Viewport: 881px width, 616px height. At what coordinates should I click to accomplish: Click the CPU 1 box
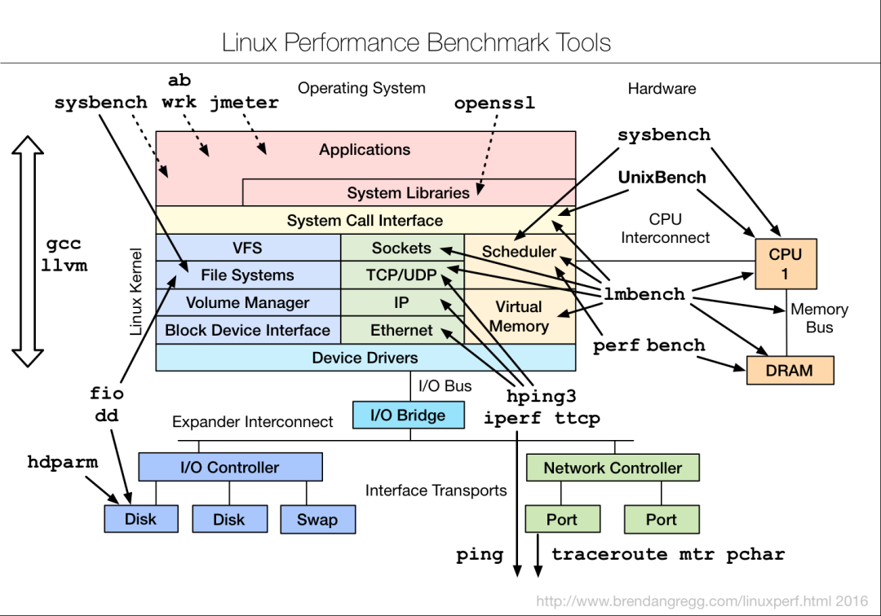(x=785, y=264)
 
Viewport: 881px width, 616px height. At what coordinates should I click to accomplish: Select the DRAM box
(x=789, y=371)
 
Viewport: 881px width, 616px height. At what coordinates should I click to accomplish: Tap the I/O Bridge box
(x=408, y=416)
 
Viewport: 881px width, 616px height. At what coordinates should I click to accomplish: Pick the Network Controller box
(x=612, y=468)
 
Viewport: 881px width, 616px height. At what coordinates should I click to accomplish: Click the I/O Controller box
(x=230, y=468)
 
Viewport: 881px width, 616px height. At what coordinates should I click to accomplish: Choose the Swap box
(x=317, y=519)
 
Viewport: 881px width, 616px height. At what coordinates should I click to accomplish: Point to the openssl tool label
(x=494, y=104)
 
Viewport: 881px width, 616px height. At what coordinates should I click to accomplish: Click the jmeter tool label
(x=244, y=103)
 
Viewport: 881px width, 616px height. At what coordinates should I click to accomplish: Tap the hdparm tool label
(x=62, y=462)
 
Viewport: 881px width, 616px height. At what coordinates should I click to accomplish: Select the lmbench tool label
(x=644, y=294)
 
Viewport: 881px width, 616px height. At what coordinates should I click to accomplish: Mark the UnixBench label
(x=662, y=177)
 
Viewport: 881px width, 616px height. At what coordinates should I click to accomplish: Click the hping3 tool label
(x=541, y=397)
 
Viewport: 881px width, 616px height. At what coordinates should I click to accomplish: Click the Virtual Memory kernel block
(x=519, y=316)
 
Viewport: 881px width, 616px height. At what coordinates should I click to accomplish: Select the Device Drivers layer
(x=365, y=358)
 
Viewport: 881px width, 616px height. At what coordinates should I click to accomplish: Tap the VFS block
(x=247, y=248)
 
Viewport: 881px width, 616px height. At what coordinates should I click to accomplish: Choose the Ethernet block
(x=401, y=330)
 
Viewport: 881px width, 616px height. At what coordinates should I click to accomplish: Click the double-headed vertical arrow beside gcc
(x=29, y=251)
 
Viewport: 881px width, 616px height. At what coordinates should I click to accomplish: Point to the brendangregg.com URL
(x=702, y=601)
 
